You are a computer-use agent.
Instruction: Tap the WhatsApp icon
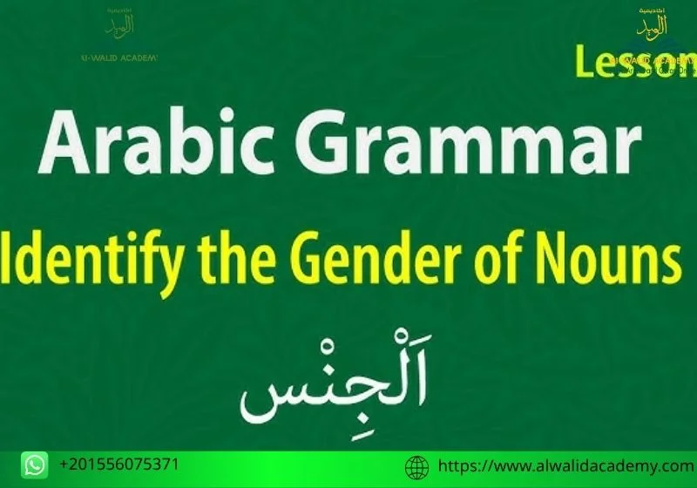click(x=35, y=464)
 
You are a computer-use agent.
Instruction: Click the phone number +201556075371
click(x=119, y=464)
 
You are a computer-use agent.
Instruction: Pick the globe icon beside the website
click(x=419, y=467)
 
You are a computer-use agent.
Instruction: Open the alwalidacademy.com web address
click(x=565, y=465)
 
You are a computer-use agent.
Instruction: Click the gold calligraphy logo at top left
click(x=119, y=25)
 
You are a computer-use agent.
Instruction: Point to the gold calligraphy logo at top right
click(x=653, y=24)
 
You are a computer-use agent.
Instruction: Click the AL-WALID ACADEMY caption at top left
click(x=118, y=58)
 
